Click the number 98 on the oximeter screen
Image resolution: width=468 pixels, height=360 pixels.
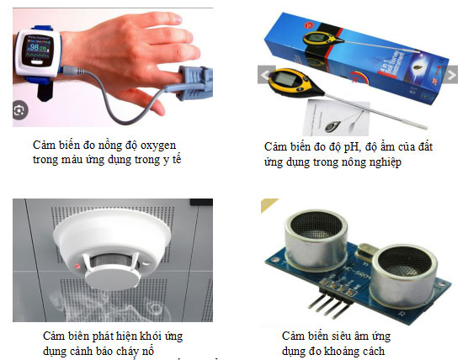point(35,47)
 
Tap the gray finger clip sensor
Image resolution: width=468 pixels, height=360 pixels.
point(191,82)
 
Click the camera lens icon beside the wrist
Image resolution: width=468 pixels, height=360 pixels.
point(19,111)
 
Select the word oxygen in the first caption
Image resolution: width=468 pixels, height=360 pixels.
point(158,146)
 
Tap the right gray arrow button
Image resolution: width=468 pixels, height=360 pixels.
point(452,75)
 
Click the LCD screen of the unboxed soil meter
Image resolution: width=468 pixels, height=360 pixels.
point(285,79)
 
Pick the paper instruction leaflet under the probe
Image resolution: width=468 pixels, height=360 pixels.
point(338,118)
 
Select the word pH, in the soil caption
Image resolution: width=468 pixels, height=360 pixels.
point(351,147)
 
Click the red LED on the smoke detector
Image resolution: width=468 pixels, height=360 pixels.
point(77,265)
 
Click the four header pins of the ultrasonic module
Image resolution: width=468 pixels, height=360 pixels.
point(331,304)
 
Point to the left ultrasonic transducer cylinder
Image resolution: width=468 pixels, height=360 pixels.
point(316,239)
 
